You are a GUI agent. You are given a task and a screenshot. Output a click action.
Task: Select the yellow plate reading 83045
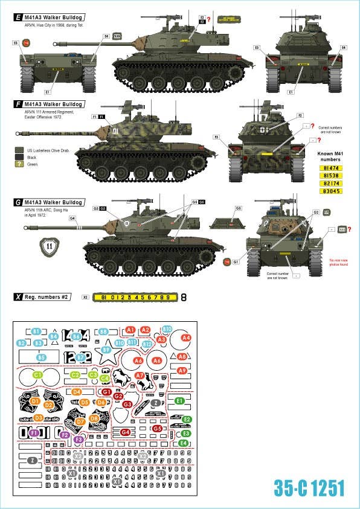click(332, 191)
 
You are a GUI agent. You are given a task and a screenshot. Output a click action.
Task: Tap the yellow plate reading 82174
click(332, 182)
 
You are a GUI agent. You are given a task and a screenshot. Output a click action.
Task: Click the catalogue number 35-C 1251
click(309, 488)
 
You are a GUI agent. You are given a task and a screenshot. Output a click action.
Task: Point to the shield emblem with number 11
click(50, 246)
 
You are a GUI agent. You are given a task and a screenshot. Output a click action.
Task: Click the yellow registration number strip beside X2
click(135, 297)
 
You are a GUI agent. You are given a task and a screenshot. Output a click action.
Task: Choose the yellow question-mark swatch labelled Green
click(19, 164)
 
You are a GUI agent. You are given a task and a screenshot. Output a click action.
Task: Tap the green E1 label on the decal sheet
click(179, 400)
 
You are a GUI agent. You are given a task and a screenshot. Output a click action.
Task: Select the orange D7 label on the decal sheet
click(80, 422)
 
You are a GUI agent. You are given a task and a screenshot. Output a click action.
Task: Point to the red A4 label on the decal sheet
click(186, 338)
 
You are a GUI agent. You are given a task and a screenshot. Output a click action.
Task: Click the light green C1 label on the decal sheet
click(37, 375)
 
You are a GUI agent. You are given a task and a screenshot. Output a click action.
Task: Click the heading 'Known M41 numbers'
click(332, 156)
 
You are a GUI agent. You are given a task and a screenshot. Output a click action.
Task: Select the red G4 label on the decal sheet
click(126, 432)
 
